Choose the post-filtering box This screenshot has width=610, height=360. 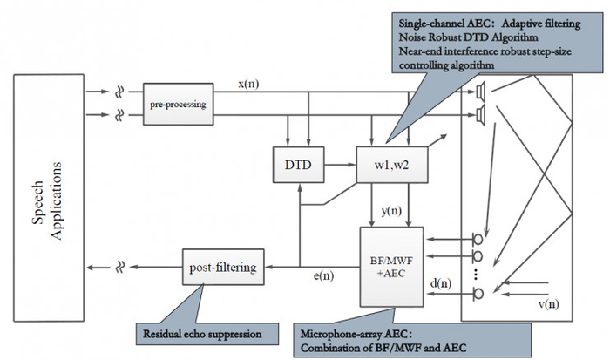(222, 266)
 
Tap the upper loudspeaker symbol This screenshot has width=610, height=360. (481, 91)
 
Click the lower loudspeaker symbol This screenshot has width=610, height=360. (481, 115)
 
